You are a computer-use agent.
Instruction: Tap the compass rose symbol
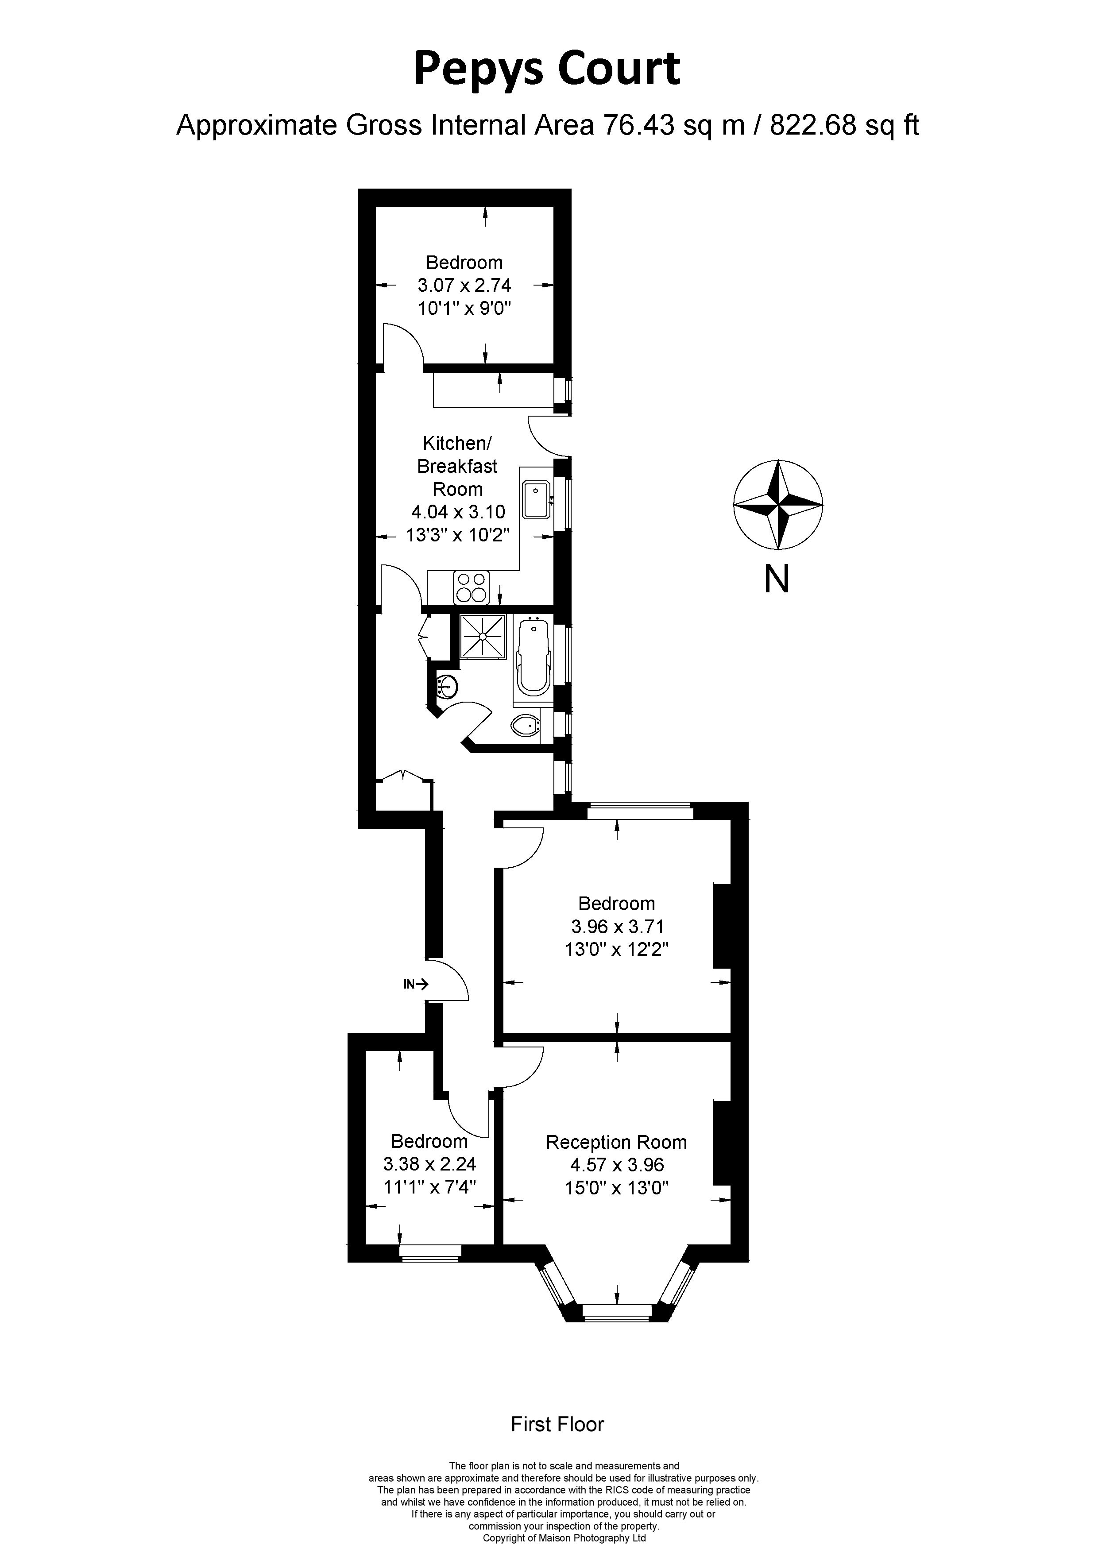tap(778, 505)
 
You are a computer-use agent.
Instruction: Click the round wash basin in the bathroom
tap(447, 687)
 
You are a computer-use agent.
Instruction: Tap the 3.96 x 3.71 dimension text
tap(616, 927)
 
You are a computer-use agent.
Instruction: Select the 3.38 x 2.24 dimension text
tap(429, 1164)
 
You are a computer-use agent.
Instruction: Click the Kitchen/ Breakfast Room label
tap(457, 466)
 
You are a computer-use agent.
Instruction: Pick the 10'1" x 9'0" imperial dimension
tap(464, 309)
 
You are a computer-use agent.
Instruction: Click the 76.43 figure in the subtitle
tap(638, 125)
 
